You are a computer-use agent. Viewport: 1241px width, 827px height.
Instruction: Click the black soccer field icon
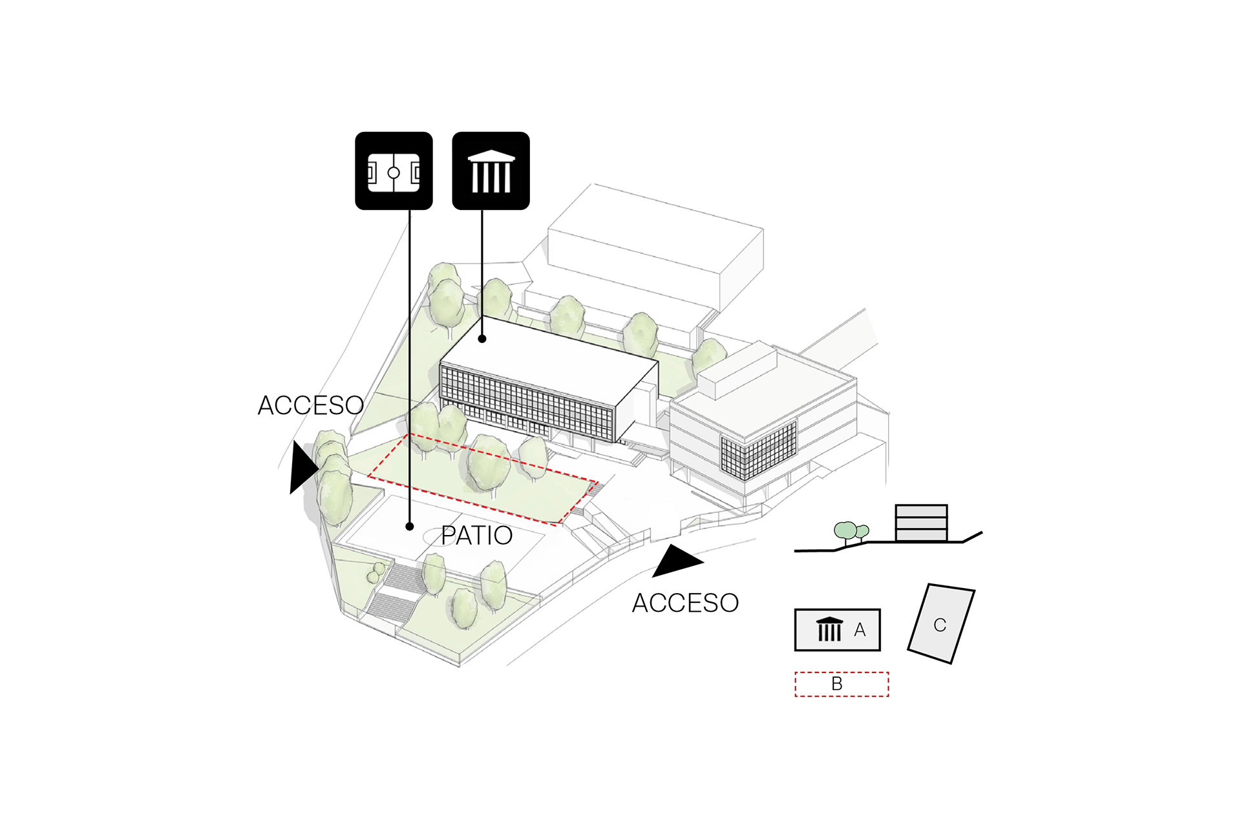pyautogui.click(x=394, y=171)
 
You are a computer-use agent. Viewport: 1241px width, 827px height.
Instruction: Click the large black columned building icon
pyautogui.click(x=491, y=171)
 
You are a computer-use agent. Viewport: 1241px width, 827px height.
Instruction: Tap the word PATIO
pyautogui.click(x=476, y=536)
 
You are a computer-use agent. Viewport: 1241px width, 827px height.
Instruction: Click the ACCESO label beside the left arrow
pyautogui.click(x=310, y=406)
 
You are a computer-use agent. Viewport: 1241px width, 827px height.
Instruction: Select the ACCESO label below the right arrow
pyautogui.click(x=685, y=603)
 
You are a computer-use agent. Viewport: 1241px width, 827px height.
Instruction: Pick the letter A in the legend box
pyautogui.click(x=860, y=629)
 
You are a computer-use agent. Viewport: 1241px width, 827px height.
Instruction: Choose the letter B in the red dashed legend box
pyautogui.click(x=837, y=684)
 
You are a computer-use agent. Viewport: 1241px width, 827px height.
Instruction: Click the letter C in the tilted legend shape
pyautogui.click(x=940, y=625)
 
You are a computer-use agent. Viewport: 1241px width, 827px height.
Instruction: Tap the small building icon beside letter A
pyautogui.click(x=830, y=629)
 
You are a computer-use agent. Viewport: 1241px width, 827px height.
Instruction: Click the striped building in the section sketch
pyautogui.click(x=921, y=523)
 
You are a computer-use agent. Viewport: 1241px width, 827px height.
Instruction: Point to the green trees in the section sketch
pyautogui.click(x=851, y=532)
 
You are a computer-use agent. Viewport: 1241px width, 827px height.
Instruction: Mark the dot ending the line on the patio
pyautogui.click(x=410, y=527)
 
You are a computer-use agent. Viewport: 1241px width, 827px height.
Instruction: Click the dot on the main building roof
pyautogui.click(x=482, y=339)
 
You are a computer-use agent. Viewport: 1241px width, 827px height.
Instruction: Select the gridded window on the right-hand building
pyautogui.click(x=759, y=450)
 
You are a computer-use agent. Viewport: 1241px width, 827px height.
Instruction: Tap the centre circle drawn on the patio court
pyautogui.click(x=439, y=536)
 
